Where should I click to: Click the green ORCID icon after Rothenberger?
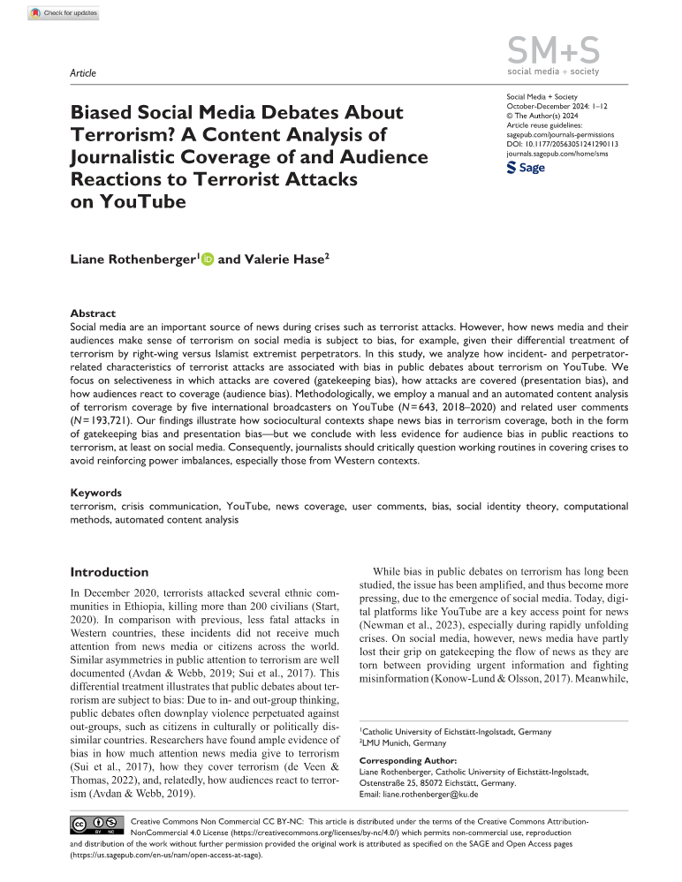coord(208,260)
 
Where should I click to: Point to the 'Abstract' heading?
coord(92,313)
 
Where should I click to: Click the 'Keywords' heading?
coord(96,493)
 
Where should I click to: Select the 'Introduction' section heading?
coord(109,571)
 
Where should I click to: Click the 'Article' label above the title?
coord(82,72)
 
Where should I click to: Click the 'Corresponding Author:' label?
coord(408,760)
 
